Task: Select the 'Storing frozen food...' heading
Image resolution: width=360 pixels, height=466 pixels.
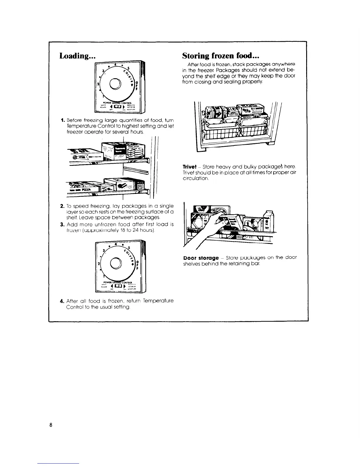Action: [221, 56]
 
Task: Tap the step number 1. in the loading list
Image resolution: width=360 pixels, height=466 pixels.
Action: [62, 120]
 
